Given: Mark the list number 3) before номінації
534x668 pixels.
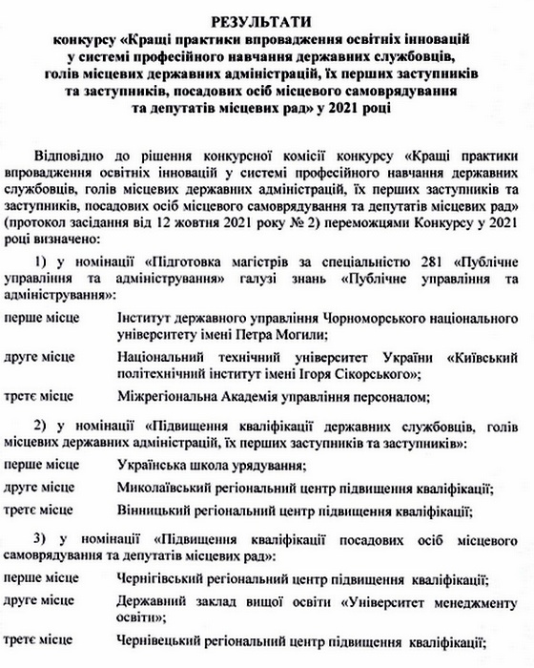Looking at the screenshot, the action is pyautogui.click(x=40, y=537).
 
